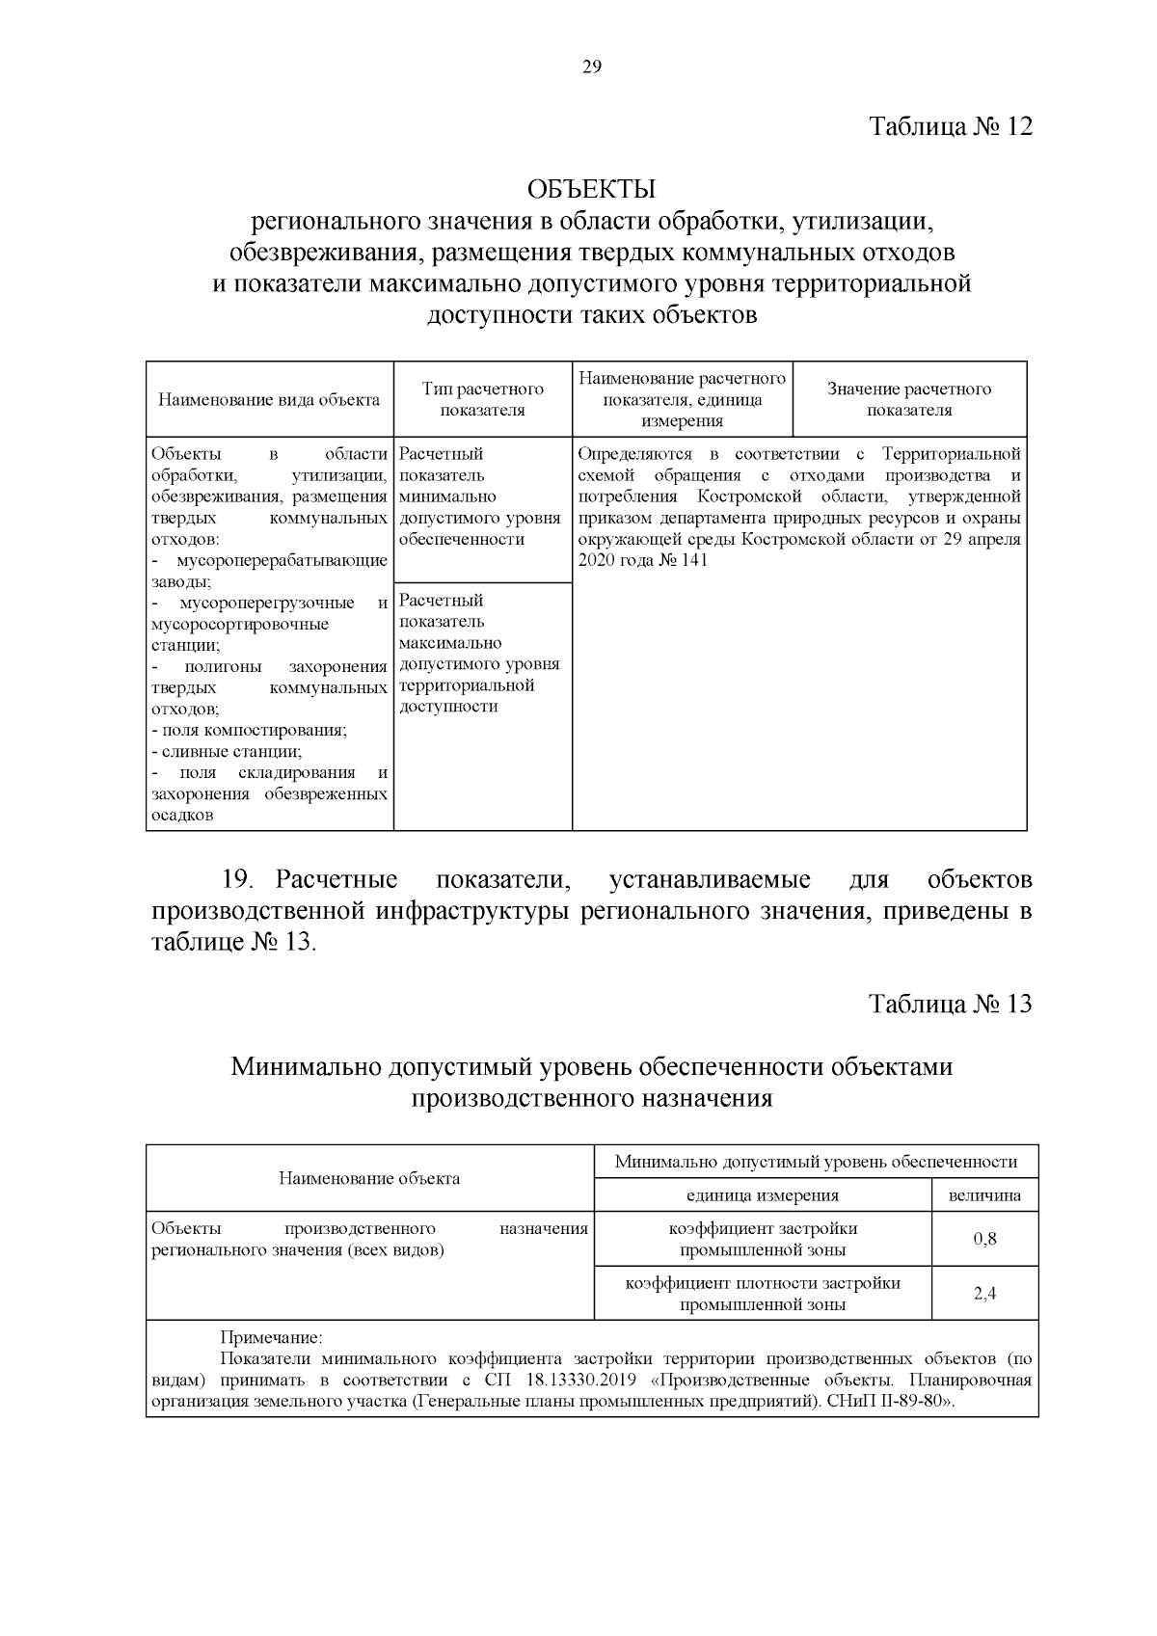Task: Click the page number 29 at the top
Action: click(x=591, y=67)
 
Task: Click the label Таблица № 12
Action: click(x=950, y=126)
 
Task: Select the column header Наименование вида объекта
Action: click(x=269, y=399)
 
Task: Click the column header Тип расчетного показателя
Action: click(x=482, y=399)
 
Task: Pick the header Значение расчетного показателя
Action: click(x=908, y=399)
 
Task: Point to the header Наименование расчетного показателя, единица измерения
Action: click(x=682, y=399)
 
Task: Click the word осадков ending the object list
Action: click(x=182, y=816)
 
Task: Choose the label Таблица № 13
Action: click(x=950, y=1004)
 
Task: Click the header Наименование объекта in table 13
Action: click(x=369, y=1178)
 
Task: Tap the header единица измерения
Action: click(x=762, y=1195)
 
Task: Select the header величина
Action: click(x=984, y=1195)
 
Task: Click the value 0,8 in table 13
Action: click(x=984, y=1239)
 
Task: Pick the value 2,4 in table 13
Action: click(x=984, y=1294)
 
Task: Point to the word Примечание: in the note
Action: click(x=272, y=1338)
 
